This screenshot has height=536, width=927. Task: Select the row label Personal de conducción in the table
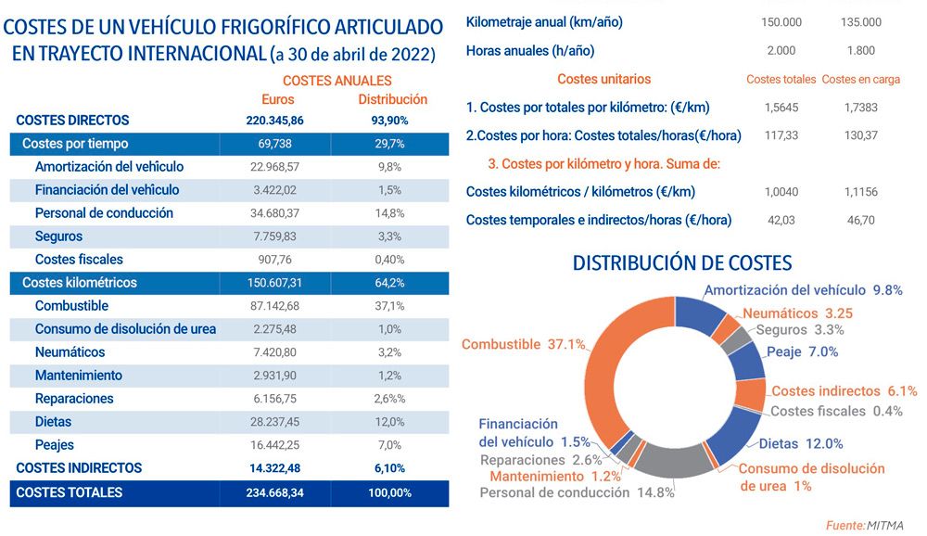pos(104,213)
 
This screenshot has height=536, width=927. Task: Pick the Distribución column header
pos(392,99)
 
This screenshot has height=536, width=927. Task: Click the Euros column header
pos(278,99)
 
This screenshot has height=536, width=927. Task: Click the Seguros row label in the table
pos(58,236)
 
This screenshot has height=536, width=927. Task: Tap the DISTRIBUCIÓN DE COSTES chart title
pos(682,263)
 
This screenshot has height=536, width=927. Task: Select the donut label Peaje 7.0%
pos(803,351)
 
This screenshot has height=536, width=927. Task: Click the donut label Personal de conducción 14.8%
pos(577,492)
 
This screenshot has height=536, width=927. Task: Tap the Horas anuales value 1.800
pos(861,51)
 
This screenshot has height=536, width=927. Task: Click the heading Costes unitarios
pos(603,80)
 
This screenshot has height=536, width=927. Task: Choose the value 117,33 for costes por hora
pos(781,135)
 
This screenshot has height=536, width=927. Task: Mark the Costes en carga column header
pos(861,80)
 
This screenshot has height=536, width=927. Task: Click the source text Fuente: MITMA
pos(864,526)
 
